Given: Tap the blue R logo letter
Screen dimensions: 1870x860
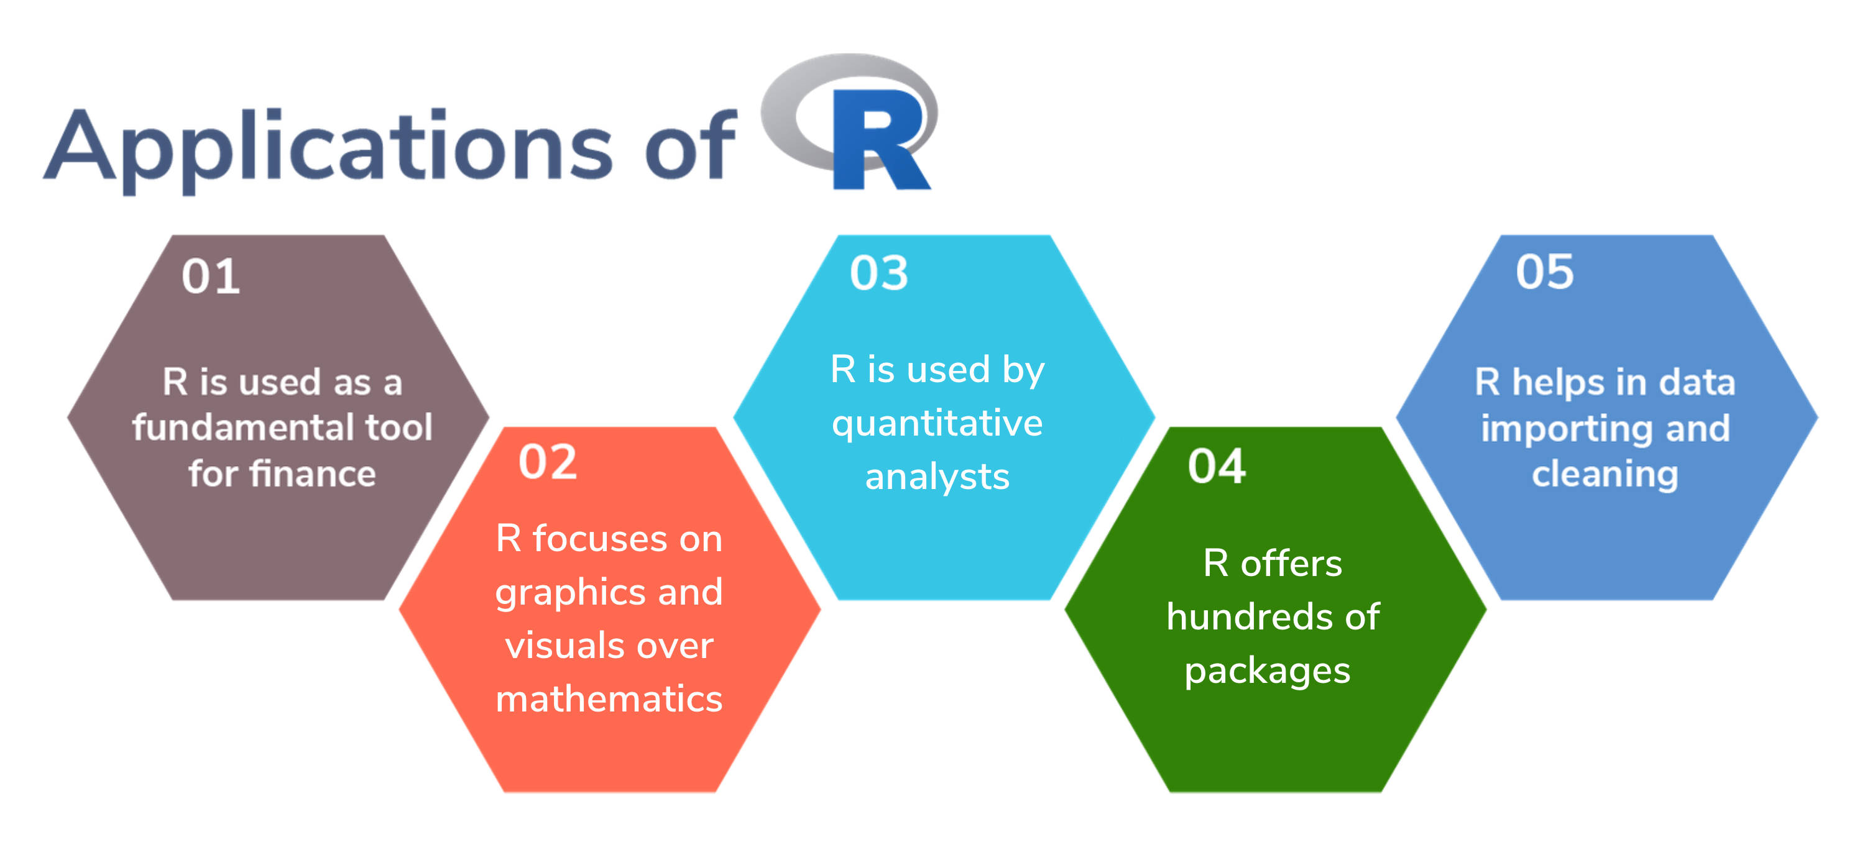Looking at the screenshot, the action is click(x=880, y=139).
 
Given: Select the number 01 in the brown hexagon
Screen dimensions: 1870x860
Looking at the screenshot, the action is click(x=211, y=277).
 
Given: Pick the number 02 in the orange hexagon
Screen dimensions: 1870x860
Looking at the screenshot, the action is click(x=547, y=462).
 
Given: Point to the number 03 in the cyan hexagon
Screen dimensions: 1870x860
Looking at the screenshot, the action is click(x=879, y=273).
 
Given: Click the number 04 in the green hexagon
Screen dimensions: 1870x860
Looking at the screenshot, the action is click(x=1217, y=466).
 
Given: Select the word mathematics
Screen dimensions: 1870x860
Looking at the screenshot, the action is click(x=609, y=699).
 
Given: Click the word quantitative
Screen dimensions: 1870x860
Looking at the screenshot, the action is click(x=937, y=424).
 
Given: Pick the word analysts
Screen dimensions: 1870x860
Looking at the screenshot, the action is click(x=937, y=477).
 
